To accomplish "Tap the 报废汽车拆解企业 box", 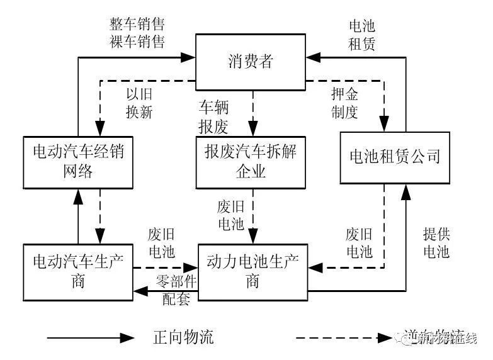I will (x=251, y=160).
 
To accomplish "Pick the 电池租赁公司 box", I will (x=394, y=157).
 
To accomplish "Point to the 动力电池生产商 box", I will (x=252, y=271).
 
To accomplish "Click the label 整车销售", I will (x=137, y=25).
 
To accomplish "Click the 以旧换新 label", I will (x=139, y=104).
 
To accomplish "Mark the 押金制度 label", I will (x=344, y=104).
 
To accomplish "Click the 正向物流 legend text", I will (x=183, y=337).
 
